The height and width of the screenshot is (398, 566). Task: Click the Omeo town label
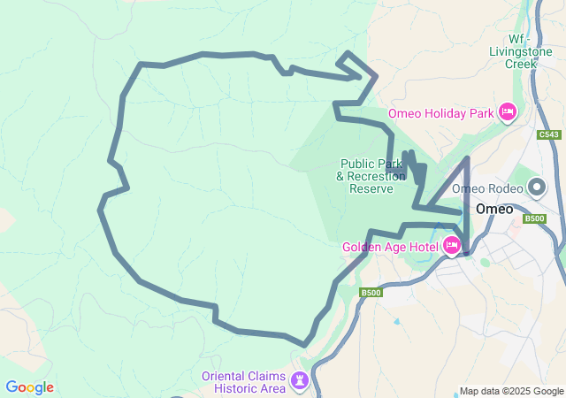tap(494, 210)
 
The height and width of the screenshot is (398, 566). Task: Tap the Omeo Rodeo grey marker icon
tap(537, 188)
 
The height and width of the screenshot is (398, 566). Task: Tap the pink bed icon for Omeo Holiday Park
tap(508, 112)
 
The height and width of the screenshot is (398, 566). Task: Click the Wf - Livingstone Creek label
tap(515, 51)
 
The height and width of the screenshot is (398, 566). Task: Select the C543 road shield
tap(548, 135)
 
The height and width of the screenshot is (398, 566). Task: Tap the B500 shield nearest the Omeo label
tap(535, 218)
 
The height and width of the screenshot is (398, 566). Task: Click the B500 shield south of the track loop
tap(371, 293)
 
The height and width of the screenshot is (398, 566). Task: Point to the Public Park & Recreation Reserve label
tap(371, 176)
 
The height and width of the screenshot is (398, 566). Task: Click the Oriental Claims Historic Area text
tap(243, 381)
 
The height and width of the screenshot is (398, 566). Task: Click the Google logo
tap(29, 387)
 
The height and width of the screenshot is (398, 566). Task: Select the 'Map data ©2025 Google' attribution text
tap(511, 391)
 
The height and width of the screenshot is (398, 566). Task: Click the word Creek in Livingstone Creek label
tap(521, 64)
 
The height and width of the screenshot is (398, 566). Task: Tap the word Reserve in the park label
tap(371, 188)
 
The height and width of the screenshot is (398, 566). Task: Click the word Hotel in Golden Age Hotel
tap(422, 247)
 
